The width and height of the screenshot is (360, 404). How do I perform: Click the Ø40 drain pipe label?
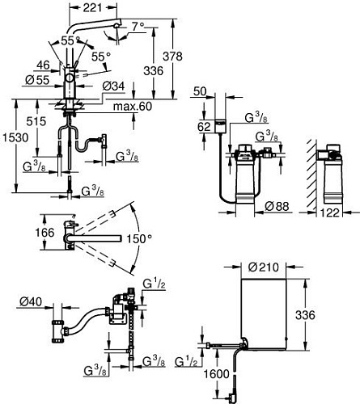[30, 303]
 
